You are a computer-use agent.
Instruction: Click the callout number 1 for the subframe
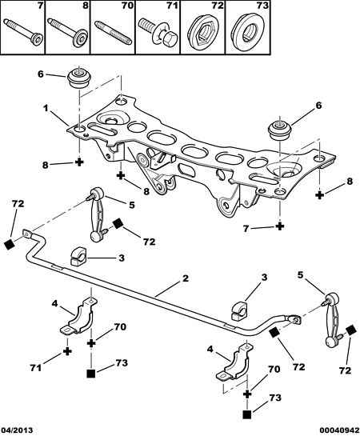(46, 108)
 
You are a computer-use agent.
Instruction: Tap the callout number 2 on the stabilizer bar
(186, 278)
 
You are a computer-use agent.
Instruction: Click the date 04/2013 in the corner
(17, 430)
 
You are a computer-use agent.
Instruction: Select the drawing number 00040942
(339, 430)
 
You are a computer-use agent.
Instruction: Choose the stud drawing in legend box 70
(113, 31)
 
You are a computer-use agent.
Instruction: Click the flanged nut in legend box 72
(202, 32)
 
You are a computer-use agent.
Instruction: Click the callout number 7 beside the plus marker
(246, 229)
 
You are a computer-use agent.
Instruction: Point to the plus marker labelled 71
(67, 351)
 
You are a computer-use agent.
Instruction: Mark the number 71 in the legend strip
(172, 6)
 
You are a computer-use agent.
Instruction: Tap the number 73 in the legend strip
(262, 6)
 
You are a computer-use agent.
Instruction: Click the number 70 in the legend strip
(127, 6)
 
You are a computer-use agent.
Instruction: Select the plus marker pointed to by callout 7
(280, 226)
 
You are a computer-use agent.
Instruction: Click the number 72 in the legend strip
(218, 6)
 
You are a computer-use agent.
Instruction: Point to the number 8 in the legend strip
(86, 6)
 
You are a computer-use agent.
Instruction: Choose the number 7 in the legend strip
(41, 6)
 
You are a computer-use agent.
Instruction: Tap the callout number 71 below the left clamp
(36, 368)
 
